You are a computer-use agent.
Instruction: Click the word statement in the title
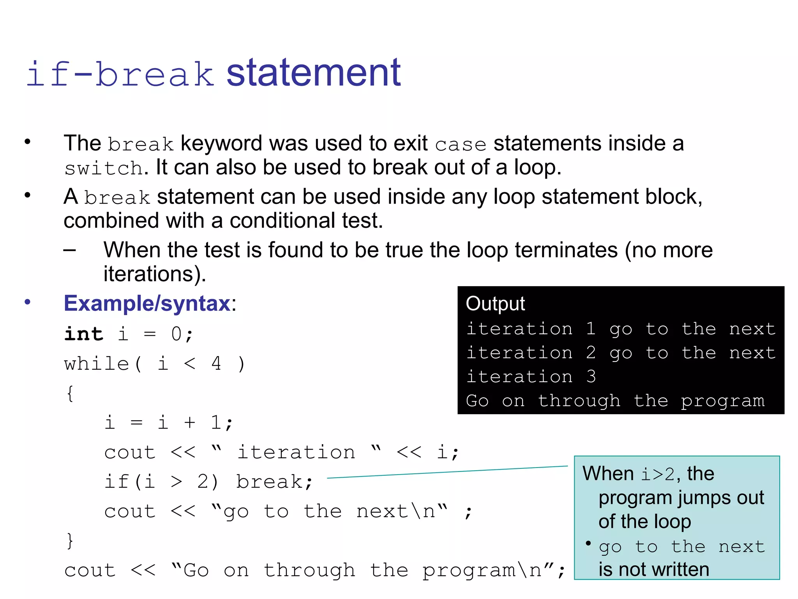coord(314,73)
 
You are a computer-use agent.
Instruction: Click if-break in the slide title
coord(120,74)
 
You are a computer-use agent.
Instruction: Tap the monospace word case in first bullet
coord(461,145)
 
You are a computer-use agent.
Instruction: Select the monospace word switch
coord(104,168)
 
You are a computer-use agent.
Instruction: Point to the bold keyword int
coord(84,334)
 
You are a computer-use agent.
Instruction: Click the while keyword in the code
coord(97,364)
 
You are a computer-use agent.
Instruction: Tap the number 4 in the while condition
coord(216,363)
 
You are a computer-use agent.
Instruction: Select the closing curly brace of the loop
coord(70,541)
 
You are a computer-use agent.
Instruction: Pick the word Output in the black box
coord(495,304)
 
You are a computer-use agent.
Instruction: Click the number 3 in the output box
coord(591,377)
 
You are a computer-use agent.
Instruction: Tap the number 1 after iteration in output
coord(591,329)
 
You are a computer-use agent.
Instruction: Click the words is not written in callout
coord(654,569)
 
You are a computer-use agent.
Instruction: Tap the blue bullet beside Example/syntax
coord(27,302)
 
